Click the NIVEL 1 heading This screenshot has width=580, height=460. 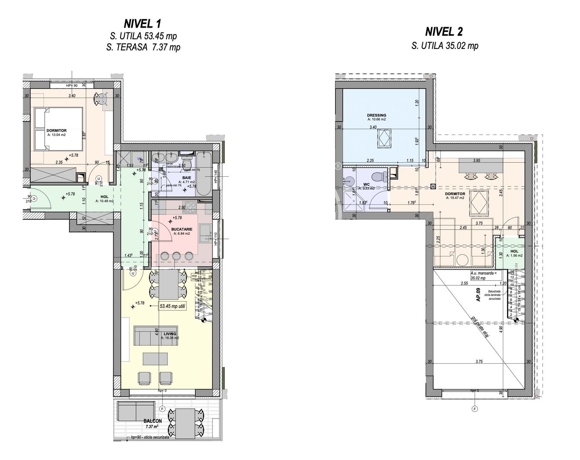click(142, 23)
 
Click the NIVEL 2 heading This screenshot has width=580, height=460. click(444, 32)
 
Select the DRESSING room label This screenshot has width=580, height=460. click(376, 115)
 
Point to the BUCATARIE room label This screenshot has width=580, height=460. click(182, 229)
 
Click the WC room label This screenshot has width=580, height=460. click(366, 184)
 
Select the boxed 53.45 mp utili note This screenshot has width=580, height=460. click(172, 306)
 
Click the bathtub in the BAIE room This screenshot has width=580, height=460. click(203, 175)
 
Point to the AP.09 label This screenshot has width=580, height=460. click(479, 295)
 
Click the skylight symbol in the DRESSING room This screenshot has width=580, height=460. click(385, 139)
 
